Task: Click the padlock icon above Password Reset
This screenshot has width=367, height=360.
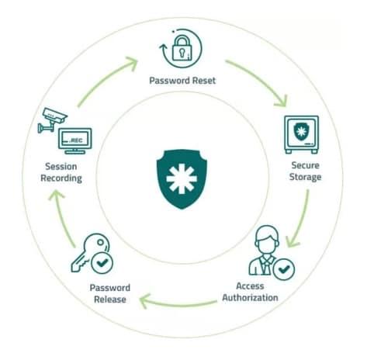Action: pyautogui.click(x=182, y=48)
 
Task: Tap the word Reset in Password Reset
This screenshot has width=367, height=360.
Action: pyautogui.click(x=204, y=81)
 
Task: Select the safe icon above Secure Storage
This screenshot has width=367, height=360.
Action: pyautogui.click(x=301, y=134)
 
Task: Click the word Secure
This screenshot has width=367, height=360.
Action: pyautogui.click(x=305, y=165)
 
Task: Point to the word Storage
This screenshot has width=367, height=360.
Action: pyautogui.click(x=305, y=177)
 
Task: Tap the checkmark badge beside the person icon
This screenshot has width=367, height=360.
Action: pyautogui.click(x=284, y=269)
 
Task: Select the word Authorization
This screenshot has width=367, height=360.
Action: pyautogui.click(x=250, y=298)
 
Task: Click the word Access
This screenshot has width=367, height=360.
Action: pyautogui.click(x=250, y=286)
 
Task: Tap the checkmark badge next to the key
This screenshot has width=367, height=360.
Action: pyautogui.click(x=102, y=263)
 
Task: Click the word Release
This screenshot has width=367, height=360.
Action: pyautogui.click(x=110, y=299)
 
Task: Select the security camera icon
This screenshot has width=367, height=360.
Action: pyautogui.click(x=53, y=119)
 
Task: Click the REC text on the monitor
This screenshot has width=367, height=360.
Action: pyautogui.click(x=77, y=140)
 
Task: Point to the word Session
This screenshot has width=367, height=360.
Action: pyautogui.click(x=61, y=166)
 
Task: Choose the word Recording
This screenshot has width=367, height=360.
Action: pyautogui.click(x=61, y=178)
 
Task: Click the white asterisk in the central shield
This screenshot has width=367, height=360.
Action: pyautogui.click(x=182, y=178)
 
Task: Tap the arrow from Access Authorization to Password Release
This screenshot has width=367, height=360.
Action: pyautogui.click(x=178, y=305)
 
